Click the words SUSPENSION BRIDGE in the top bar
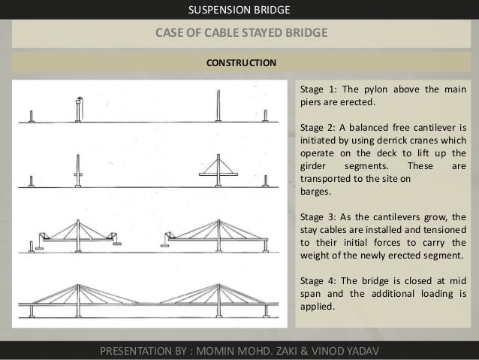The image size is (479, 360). tap(239, 10)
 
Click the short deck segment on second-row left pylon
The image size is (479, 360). tap(78, 174)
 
